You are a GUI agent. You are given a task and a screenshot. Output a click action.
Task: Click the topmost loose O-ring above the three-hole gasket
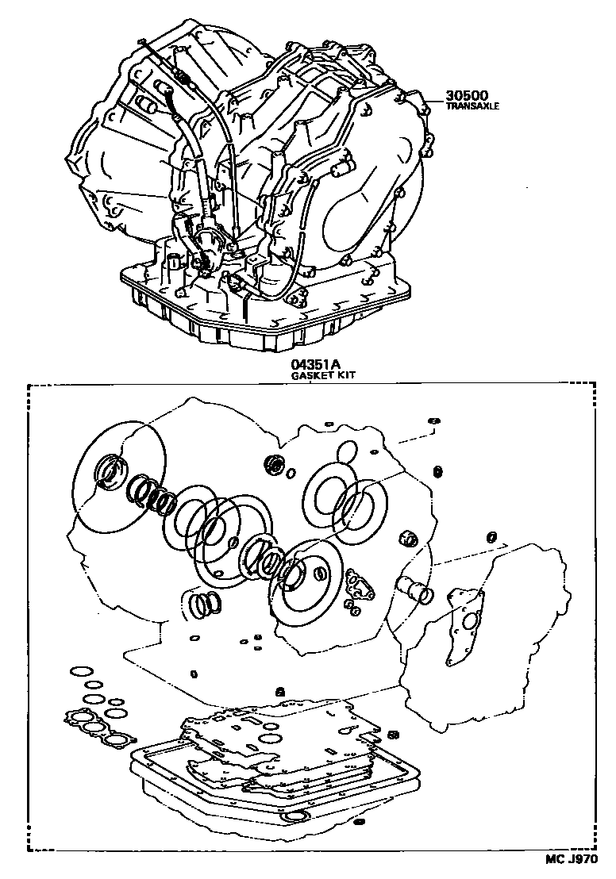79,673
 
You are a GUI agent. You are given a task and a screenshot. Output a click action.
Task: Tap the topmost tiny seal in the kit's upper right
433,420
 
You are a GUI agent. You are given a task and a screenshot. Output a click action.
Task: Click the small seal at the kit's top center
275,463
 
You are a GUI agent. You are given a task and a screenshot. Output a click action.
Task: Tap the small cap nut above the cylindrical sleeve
410,539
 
